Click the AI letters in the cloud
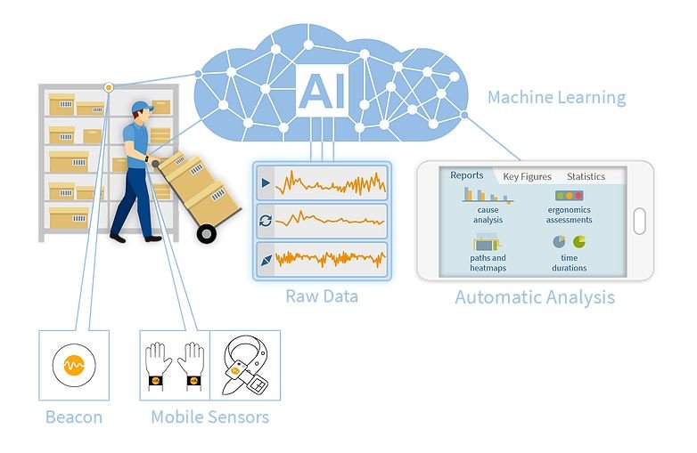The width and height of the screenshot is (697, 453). point(322,92)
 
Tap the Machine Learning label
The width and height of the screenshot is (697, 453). point(556,98)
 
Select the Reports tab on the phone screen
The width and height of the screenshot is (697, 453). point(467,175)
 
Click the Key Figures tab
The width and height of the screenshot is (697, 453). point(527,176)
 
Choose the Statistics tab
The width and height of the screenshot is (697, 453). point(586,176)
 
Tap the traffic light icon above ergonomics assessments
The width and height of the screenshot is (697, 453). point(569,195)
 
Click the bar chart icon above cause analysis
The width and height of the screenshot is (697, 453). point(488,195)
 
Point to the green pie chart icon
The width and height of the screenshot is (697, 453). point(579,242)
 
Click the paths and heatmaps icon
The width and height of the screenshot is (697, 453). point(488,243)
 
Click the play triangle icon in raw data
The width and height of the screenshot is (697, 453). point(266,182)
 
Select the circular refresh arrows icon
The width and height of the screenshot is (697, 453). point(266,221)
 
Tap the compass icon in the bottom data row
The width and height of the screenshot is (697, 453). point(266,261)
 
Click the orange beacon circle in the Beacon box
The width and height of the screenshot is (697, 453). point(74,365)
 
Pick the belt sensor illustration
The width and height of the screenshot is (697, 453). point(245,365)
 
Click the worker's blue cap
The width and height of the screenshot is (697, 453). point(143,107)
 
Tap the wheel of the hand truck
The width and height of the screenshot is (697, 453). point(207,234)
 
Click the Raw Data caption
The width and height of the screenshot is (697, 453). point(322,296)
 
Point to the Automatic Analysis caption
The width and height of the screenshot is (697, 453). point(535,298)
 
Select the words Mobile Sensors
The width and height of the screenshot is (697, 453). point(209,417)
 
